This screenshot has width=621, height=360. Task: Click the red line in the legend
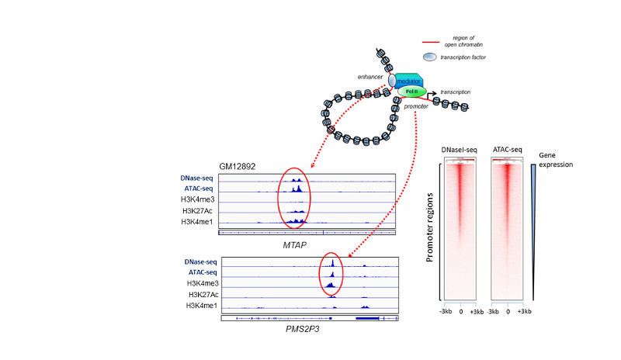click(432, 41)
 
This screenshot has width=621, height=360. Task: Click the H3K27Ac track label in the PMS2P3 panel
click(203, 296)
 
